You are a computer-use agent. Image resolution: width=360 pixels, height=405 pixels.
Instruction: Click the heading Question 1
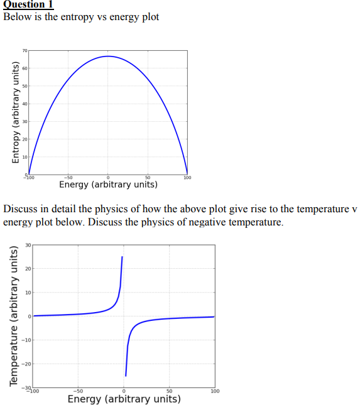tap(28, 5)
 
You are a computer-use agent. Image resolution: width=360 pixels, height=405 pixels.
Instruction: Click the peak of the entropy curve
tap(108, 56)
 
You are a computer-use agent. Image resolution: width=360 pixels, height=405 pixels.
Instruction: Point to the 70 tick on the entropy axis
tap(25, 50)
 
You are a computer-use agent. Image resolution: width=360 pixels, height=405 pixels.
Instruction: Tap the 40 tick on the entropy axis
tap(25, 103)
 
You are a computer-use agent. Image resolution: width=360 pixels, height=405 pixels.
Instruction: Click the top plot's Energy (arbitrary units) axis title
tap(108, 185)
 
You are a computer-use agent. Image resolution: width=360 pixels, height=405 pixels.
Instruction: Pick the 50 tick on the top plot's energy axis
tap(148, 178)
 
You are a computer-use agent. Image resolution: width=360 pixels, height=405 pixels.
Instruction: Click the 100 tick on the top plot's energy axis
tap(187, 178)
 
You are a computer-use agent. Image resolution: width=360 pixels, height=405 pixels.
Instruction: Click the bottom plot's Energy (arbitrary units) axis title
tap(124, 399)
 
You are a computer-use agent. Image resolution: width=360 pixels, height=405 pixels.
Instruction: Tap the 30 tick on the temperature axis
tap(28, 245)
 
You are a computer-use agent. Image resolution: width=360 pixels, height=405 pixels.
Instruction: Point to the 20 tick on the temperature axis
tap(28, 269)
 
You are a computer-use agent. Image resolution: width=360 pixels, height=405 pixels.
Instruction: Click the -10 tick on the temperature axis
tap(27, 340)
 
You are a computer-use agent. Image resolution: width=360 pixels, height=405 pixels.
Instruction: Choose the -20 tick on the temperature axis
tap(27, 364)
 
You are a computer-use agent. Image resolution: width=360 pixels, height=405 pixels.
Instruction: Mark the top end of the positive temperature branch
tap(122, 257)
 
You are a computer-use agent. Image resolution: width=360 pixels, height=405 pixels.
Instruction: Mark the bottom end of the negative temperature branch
tap(126, 375)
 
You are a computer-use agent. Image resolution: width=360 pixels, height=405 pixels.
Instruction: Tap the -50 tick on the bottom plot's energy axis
tap(78, 392)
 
